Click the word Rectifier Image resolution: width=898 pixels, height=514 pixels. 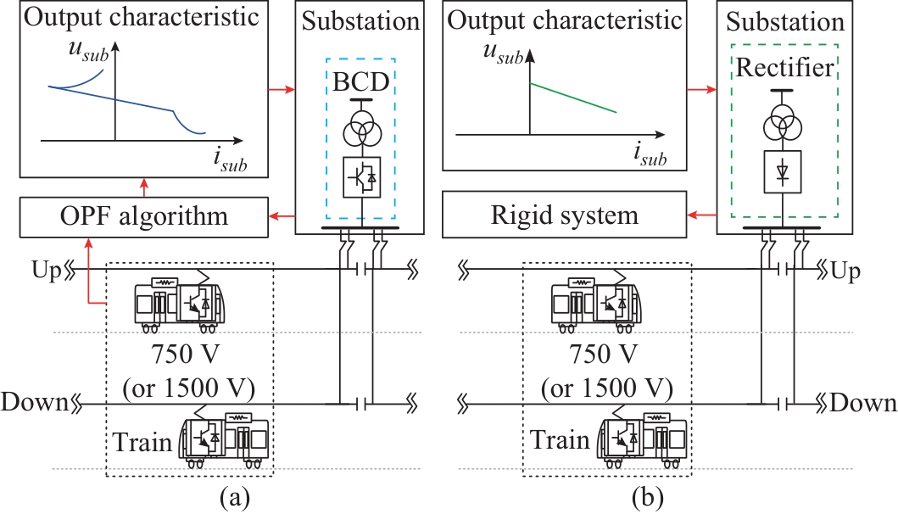click(x=785, y=69)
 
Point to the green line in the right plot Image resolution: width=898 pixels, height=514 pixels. click(x=572, y=98)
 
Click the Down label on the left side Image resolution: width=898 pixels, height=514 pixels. click(x=34, y=402)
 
